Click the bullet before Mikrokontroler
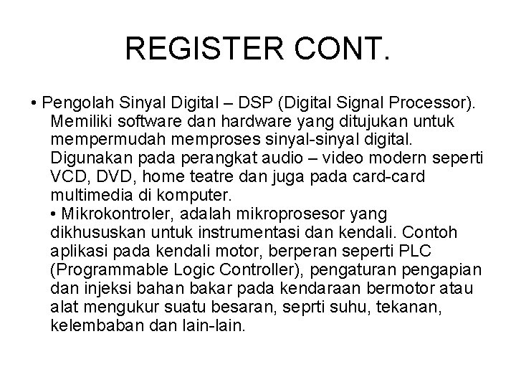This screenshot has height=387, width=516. point(55,214)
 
